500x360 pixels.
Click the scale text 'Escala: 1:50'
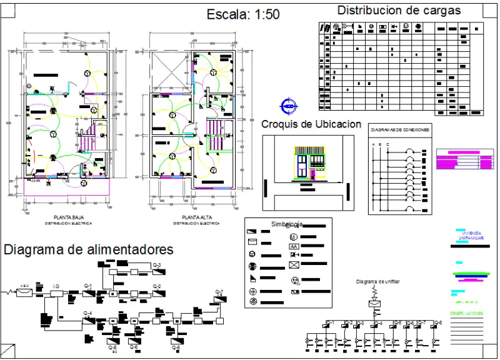click(x=243, y=15)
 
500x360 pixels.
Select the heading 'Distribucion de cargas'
click(x=399, y=11)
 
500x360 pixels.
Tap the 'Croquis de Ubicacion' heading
click(x=311, y=124)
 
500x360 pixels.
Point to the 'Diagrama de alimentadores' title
click(x=89, y=249)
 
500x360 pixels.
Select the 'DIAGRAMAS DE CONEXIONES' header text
click(x=400, y=129)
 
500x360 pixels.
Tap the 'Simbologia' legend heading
click(x=287, y=224)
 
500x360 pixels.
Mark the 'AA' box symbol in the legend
click(x=294, y=247)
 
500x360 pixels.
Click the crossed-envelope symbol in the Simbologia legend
click(x=294, y=264)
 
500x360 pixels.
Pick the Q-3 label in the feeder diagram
click(x=157, y=266)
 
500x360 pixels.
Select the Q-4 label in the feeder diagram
click(x=88, y=312)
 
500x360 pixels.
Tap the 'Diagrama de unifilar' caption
click(x=378, y=282)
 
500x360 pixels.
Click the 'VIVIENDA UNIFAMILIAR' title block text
click(x=471, y=236)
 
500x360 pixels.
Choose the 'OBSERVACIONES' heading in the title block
click(x=467, y=312)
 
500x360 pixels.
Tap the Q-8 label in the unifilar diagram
click(x=437, y=322)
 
